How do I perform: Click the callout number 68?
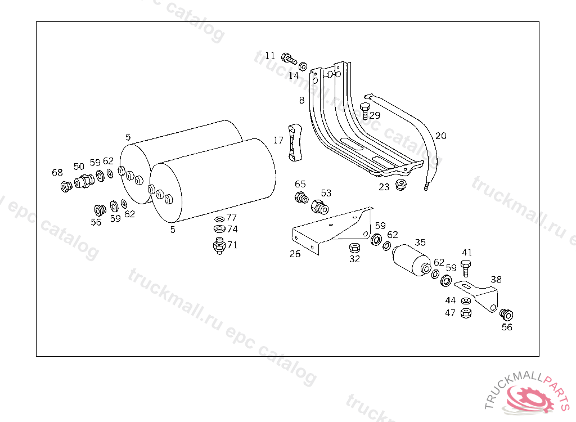click(x=57, y=173)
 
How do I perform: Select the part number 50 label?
click(x=79, y=167)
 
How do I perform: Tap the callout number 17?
click(x=278, y=140)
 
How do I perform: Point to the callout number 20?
click(x=440, y=136)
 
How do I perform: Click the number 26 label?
click(x=295, y=254)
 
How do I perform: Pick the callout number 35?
click(x=420, y=243)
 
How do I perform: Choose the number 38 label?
click(x=496, y=279)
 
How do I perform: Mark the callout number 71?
click(x=232, y=245)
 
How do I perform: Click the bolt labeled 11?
click(x=289, y=58)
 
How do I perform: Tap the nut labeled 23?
click(x=402, y=185)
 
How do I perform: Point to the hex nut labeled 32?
click(x=354, y=248)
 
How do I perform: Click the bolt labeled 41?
click(x=466, y=267)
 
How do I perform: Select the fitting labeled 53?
click(x=320, y=206)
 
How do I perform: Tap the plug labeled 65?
click(x=301, y=197)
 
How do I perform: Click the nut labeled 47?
click(x=466, y=313)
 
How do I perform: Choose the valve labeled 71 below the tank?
click(x=218, y=246)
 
